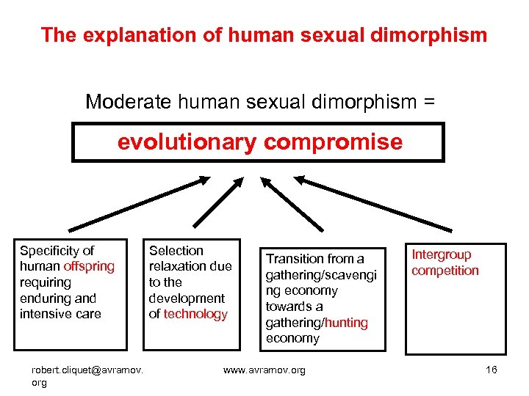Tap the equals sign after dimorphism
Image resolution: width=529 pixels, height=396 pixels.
428,102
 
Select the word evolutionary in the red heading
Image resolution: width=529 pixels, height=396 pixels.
186,142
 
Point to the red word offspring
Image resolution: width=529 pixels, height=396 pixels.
89,266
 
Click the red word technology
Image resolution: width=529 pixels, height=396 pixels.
195,314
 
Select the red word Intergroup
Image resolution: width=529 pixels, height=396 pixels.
441,254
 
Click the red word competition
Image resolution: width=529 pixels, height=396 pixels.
445,271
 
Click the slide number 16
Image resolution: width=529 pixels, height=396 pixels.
492,369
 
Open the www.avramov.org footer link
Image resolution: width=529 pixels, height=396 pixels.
264,370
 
